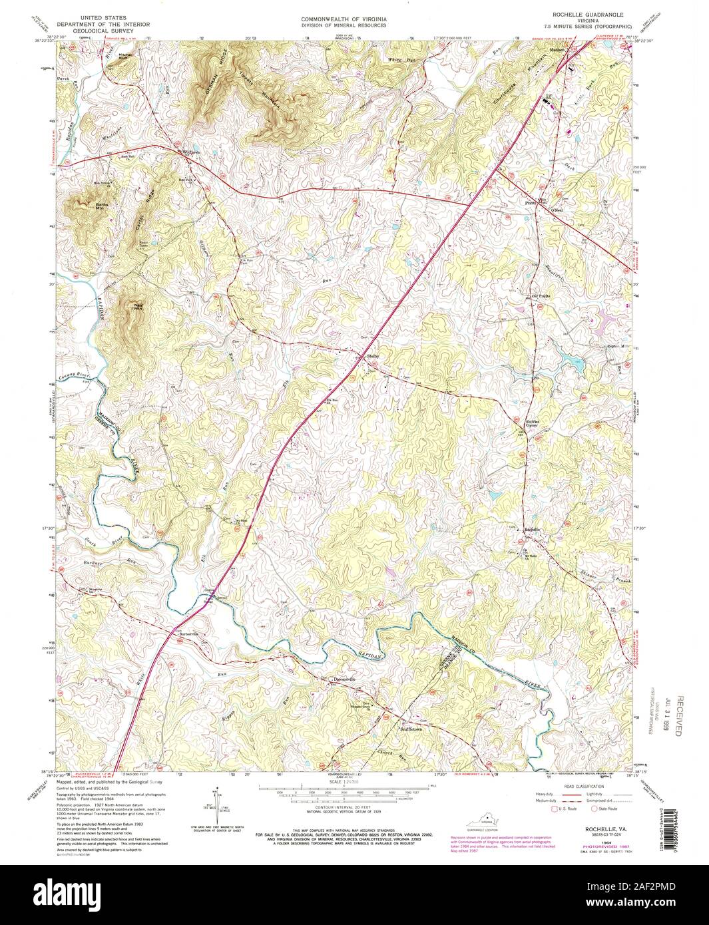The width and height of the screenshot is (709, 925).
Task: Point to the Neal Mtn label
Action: click(138, 306)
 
